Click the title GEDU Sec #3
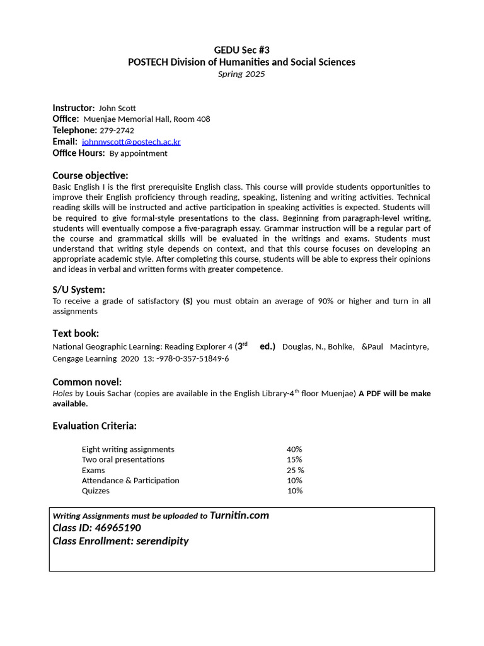[x=241, y=50]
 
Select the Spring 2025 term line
[x=241, y=74]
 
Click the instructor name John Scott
[x=117, y=108]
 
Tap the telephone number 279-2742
[x=117, y=131]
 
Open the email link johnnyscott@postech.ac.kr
[x=131, y=142]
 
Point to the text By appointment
[x=138, y=153]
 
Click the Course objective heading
[x=90, y=175]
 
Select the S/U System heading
[x=78, y=290]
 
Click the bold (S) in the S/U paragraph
[x=188, y=301]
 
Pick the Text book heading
[x=76, y=333]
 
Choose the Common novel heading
[x=86, y=382]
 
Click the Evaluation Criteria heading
[x=95, y=426]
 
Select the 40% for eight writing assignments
[x=294, y=449]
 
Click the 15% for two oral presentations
[x=294, y=459]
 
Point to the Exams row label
[x=93, y=470]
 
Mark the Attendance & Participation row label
[x=130, y=480]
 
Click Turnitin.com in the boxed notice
[x=239, y=515]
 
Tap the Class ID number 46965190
[x=118, y=528]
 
